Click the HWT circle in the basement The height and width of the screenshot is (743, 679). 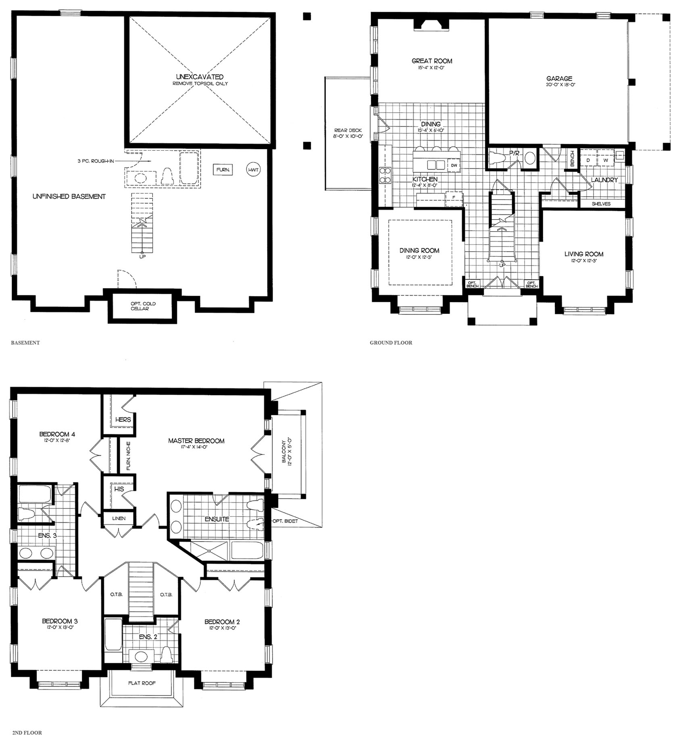pos(253,170)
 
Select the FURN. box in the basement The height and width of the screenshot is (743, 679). pos(223,170)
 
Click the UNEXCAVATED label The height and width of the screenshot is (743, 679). pos(200,77)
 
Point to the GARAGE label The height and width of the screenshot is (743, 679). pos(559,79)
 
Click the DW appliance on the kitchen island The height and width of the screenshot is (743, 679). pos(454,165)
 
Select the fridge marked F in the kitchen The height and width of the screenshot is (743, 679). pos(453,197)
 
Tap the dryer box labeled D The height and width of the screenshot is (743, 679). pos(588,160)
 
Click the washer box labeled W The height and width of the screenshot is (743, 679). pos(605,160)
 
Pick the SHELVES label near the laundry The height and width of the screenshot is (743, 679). pos(601,204)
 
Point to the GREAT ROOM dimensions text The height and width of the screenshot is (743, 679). pos(431,68)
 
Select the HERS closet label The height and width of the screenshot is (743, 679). pos(123,419)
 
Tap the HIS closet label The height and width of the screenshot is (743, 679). pos(119,489)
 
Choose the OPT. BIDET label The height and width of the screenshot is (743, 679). pos(285,521)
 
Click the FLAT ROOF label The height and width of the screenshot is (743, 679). pos(142,683)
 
